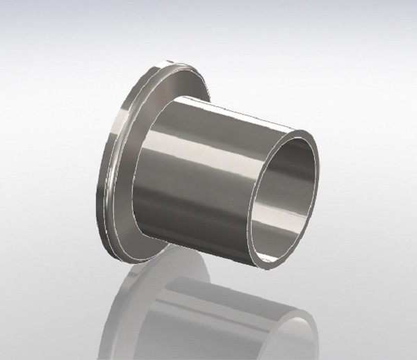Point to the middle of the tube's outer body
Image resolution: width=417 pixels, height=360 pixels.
coord(208,174)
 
